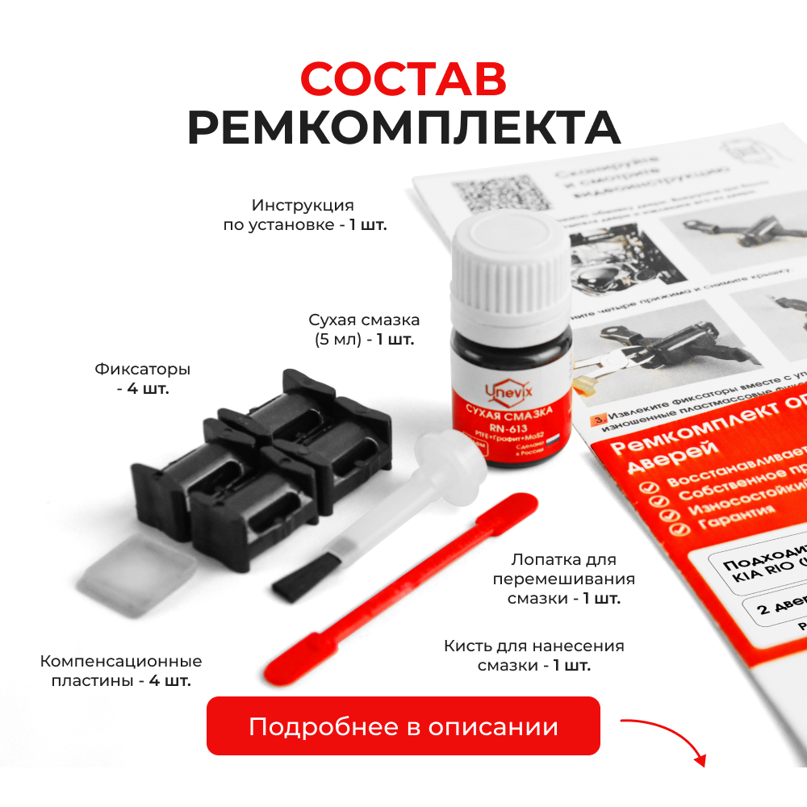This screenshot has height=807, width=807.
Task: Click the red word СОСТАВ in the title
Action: pos(403,78)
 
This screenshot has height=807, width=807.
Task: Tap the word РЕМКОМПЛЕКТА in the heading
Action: pos(403,128)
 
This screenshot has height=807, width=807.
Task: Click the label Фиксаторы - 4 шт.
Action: pos(143,379)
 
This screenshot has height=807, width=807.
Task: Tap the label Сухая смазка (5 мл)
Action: pos(364,329)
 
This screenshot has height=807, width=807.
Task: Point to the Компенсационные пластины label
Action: pos(121,671)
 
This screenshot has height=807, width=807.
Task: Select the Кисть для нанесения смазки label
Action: pos(533,655)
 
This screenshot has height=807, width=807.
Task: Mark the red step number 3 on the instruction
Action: pos(599,419)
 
